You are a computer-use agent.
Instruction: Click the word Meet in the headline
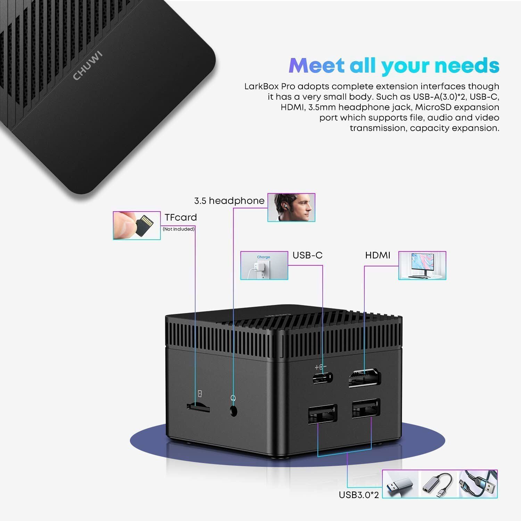pyautogui.click(x=316, y=65)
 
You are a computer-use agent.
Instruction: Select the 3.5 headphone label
pyautogui.click(x=229, y=201)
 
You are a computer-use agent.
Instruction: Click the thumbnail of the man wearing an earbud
pyautogui.click(x=291, y=207)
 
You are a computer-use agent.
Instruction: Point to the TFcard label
pyautogui.click(x=181, y=217)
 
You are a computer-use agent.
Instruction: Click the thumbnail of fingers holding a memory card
pyautogui.click(x=137, y=225)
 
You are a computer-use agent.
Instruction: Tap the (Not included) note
pyautogui.click(x=179, y=229)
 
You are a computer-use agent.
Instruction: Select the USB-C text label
pyautogui.click(x=307, y=255)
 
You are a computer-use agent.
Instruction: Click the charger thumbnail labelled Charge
pyautogui.click(x=264, y=265)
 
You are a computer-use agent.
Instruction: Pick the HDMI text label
pyautogui.click(x=378, y=255)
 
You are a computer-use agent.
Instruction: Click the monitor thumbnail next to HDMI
pyautogui.click(x=422, y=265)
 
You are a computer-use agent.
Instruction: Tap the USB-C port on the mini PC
pyautogui.click(x=323, y=378)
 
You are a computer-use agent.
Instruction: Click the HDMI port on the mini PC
pyautogui.click(x=365, y=379)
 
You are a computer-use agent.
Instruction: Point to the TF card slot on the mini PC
pyautogui.click(x=198, y=406)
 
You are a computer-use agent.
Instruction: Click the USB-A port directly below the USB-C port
pyautogui.click(x=322, y=413)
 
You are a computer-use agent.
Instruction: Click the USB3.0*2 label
pyautogui.click(x=359, y=495)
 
